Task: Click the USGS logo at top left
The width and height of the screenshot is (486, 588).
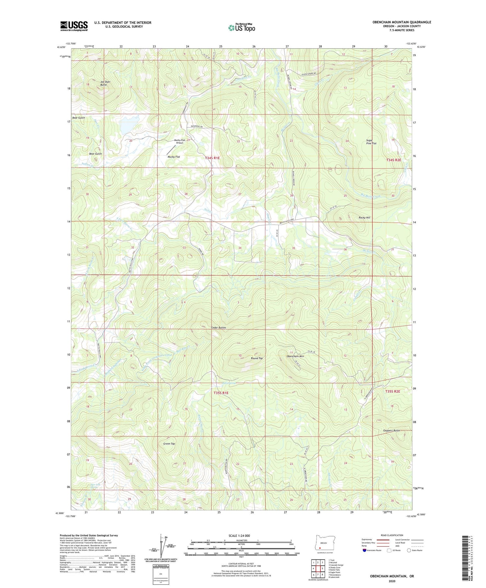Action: click(74, 26)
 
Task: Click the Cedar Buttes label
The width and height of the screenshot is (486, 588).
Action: click(218, 328)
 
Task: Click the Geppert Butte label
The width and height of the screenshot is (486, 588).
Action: click(391, 430)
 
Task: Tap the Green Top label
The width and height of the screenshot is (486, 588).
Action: click(169, 443)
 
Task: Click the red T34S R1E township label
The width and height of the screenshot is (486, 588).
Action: click(212, 158)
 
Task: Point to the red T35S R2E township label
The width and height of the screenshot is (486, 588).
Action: click(393, 391)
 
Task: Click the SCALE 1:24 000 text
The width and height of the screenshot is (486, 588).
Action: click(239, 535)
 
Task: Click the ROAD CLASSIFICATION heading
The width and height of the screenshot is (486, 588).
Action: click(392, 535)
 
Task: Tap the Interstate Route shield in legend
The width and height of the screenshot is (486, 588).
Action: click(364, 550)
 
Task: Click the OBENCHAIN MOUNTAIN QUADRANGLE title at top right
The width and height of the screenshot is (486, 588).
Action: click(401, 22)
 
